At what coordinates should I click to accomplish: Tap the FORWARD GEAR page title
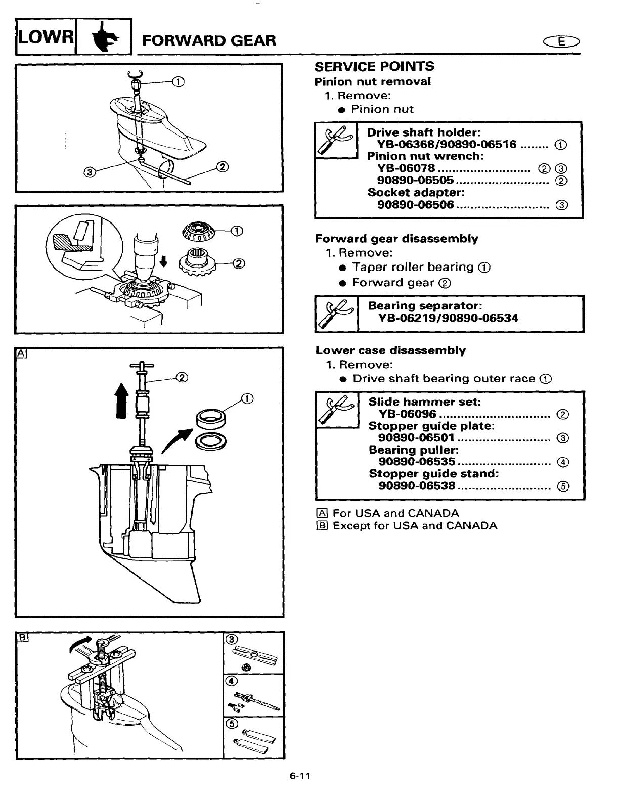(x=209, y=40)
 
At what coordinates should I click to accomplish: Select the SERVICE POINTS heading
(x=374, y=67)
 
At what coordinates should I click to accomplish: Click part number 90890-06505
(x=415, y=181)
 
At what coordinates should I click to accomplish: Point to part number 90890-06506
(x=415, y=205)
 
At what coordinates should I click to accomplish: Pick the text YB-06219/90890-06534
(x=448, y=318)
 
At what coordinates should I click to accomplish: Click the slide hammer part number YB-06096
(x=407, y=414)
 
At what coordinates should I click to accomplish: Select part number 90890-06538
(x=417, y=486)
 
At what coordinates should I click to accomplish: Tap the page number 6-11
(x=299, y=776)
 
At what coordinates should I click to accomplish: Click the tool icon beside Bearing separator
(x=336, y=314)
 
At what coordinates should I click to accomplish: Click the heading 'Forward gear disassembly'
(x=396, y=239)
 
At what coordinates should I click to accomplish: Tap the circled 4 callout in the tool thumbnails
(x=231, y=681)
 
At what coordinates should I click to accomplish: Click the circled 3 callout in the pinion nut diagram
(x=90, y=173)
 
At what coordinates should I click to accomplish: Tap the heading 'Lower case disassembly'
(x=390, y=350)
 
